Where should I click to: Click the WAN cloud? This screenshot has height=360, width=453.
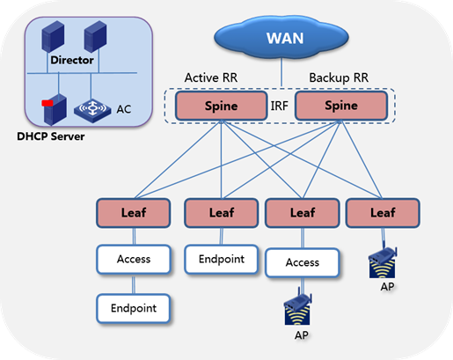281,38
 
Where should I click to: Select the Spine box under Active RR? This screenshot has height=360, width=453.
222,106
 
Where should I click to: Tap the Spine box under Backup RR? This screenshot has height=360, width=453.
341,106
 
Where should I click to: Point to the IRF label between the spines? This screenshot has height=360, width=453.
279,106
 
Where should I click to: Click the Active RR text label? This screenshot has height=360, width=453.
211,77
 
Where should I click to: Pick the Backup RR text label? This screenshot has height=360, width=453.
339,77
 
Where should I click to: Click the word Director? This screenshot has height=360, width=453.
72,60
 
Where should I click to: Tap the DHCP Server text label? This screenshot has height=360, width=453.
51,136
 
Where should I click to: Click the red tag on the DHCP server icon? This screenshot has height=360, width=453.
47,103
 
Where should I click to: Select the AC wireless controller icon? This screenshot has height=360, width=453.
92,110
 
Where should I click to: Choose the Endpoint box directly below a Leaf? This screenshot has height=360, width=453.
222,259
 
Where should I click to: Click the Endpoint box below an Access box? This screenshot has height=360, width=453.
134,308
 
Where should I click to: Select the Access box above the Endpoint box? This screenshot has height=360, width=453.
134,260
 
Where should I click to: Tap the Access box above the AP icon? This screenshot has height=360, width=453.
303,262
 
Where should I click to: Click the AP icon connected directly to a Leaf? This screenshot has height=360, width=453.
383,262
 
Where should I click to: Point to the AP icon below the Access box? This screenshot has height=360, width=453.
297,309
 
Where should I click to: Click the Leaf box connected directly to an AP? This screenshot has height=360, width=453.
383,213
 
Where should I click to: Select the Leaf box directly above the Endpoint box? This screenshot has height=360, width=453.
222,213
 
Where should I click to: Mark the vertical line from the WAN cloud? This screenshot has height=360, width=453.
281,72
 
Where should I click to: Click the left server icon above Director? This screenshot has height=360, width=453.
53,36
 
